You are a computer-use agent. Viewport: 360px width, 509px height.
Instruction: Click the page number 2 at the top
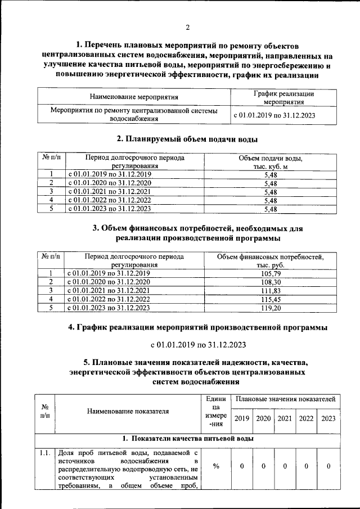pos(188,28)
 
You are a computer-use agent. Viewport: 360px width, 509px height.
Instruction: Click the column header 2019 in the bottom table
pos(242,418)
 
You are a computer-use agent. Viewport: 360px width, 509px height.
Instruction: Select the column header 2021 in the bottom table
pos(285,418)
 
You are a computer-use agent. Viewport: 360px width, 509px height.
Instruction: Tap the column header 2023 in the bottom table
pos(328,418)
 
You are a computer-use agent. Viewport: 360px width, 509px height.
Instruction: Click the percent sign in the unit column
pos(216,466)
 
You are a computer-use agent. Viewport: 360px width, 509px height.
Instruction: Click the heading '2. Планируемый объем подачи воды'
pos(187,139)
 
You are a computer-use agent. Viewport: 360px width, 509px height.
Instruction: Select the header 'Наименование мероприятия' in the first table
pos(133,97)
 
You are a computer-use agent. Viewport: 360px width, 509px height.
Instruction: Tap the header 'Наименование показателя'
pos(128,411)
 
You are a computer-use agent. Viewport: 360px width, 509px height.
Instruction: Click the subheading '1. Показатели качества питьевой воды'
pos(187,438)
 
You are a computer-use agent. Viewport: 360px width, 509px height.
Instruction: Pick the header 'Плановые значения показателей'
pos(286,399)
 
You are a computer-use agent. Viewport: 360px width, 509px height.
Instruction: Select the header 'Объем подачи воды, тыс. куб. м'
pos(271,163)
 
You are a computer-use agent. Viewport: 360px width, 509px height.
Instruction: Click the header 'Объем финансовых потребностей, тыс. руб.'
pos(271,260)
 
